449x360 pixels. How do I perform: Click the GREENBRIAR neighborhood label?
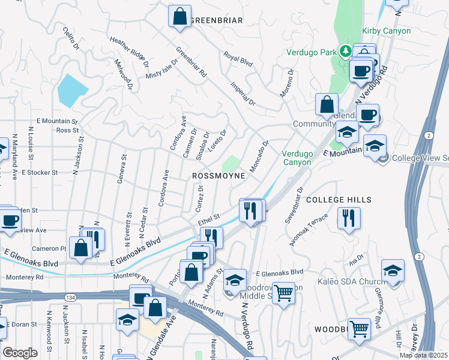(216, 20)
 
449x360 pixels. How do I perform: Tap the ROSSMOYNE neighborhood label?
(218, 176)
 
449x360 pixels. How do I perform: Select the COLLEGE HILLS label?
(339, 199)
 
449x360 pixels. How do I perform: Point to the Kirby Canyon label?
(387, 31)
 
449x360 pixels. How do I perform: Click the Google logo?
(20, 352)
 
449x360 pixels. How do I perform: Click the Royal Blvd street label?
(238, 58)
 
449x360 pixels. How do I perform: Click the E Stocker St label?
(39, 172)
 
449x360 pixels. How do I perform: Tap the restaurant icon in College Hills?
(349, 218)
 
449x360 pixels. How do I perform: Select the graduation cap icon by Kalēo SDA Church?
(393, 271)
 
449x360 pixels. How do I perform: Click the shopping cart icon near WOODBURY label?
(359, 328)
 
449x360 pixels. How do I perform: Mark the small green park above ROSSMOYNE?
(230, 163)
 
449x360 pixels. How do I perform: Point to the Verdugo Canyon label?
(297, 158)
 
